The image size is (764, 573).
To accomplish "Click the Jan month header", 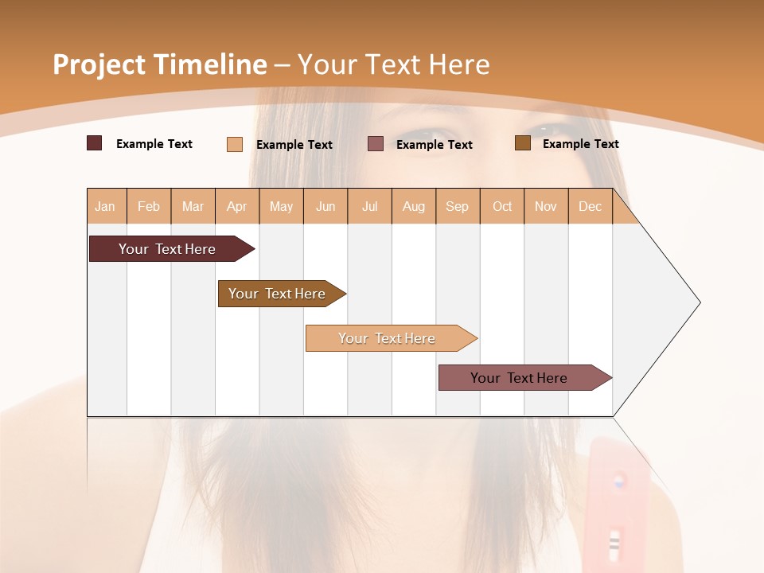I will click(x=106, y=206).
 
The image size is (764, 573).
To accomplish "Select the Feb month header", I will click(x=149, y=206).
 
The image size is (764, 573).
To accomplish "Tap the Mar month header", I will click(x=193, y=206).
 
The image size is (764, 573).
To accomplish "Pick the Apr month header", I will click(x=237, y=206).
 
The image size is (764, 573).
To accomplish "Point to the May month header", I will click(x=281, y=206).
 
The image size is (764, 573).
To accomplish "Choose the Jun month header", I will click(x=325, y=206).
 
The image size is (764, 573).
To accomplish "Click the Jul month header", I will click(x=369, y=206).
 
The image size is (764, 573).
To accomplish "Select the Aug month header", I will click(x=414, y=206).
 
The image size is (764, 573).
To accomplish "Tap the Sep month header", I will click(x=458, y=206).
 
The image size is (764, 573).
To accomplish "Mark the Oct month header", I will click(x=502, y=206).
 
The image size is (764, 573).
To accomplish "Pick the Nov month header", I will click(x=546, y=206).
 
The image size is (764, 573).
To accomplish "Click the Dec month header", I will click(x=591, y=206).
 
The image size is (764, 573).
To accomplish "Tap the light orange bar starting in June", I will click(x=388, y=338).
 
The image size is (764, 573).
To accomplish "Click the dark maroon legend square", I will click(x=95, y=143).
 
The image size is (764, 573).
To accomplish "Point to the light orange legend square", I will click(x=235, y=144).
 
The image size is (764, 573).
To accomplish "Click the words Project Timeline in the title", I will click(x=160, y=64).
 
